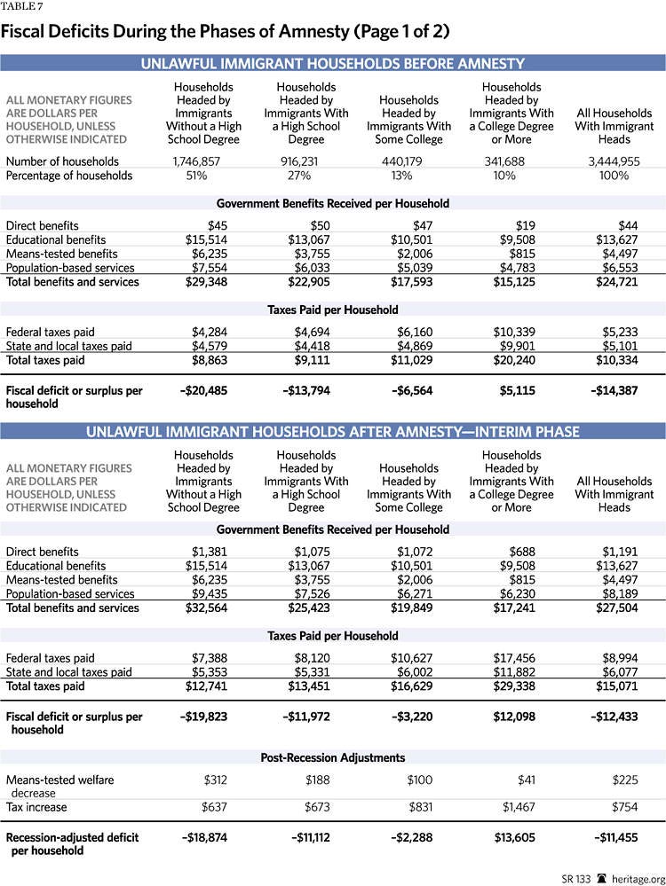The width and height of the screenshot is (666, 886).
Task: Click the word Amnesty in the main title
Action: (310, 31)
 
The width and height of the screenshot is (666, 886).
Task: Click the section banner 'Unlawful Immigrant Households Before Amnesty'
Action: (333, 63)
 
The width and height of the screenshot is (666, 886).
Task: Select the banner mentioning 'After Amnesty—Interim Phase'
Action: (333, 432)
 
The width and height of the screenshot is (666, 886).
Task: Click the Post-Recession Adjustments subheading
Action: (333, 757)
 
